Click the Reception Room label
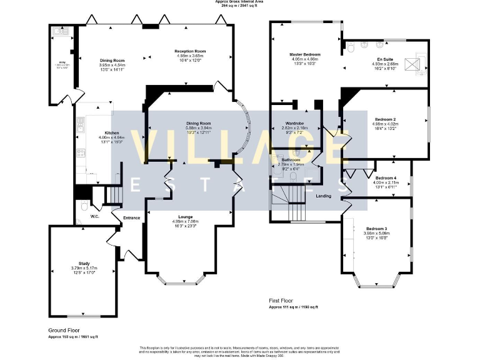click(x=190, y=51)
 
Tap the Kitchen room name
click(x=112, y=132)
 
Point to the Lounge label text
click(x=185, y=216)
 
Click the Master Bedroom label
click(x=304, y=54)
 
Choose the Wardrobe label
click(x=294, y=123)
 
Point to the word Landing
click(x=324, y=196)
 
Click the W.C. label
click(x=95, y=217)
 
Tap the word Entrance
click(x=131, y=217)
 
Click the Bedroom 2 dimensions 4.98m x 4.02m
click(x=386, y=124)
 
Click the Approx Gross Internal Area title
click(x=240, y=2)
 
